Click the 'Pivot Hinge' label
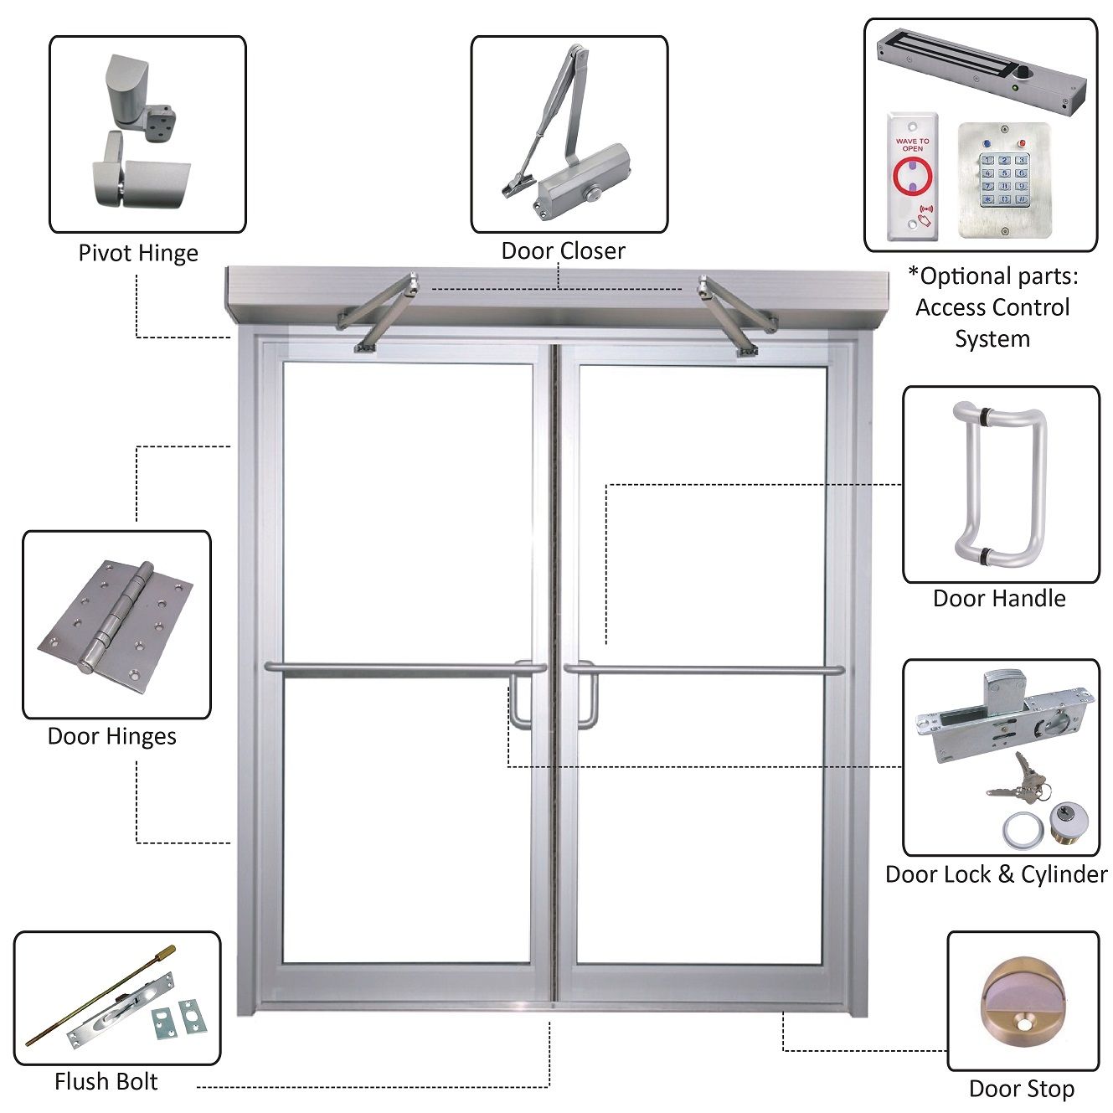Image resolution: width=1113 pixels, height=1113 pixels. pos(138,253)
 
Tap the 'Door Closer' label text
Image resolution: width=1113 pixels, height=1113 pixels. pos(563,250)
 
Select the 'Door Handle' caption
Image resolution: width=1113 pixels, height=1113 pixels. pos(999,598)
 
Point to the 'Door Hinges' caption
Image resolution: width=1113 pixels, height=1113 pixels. pos(112,736)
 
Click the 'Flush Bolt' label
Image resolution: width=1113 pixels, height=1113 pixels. pos(106,1081)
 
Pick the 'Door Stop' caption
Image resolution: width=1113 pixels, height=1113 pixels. pos(1021,1089)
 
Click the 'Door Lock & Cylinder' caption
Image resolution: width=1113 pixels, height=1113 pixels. pos(996,874)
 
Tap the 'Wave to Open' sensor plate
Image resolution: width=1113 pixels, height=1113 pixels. pos(912,177)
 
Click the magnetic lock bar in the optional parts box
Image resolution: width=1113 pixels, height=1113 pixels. pos(980,71)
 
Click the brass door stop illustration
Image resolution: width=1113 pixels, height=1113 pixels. pos(1022,1000)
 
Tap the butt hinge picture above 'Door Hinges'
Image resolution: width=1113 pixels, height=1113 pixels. pos(116,618)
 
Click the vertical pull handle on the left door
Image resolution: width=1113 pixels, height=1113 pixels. pos(520,697)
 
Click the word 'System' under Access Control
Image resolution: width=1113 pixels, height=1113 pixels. pos(992,339)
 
